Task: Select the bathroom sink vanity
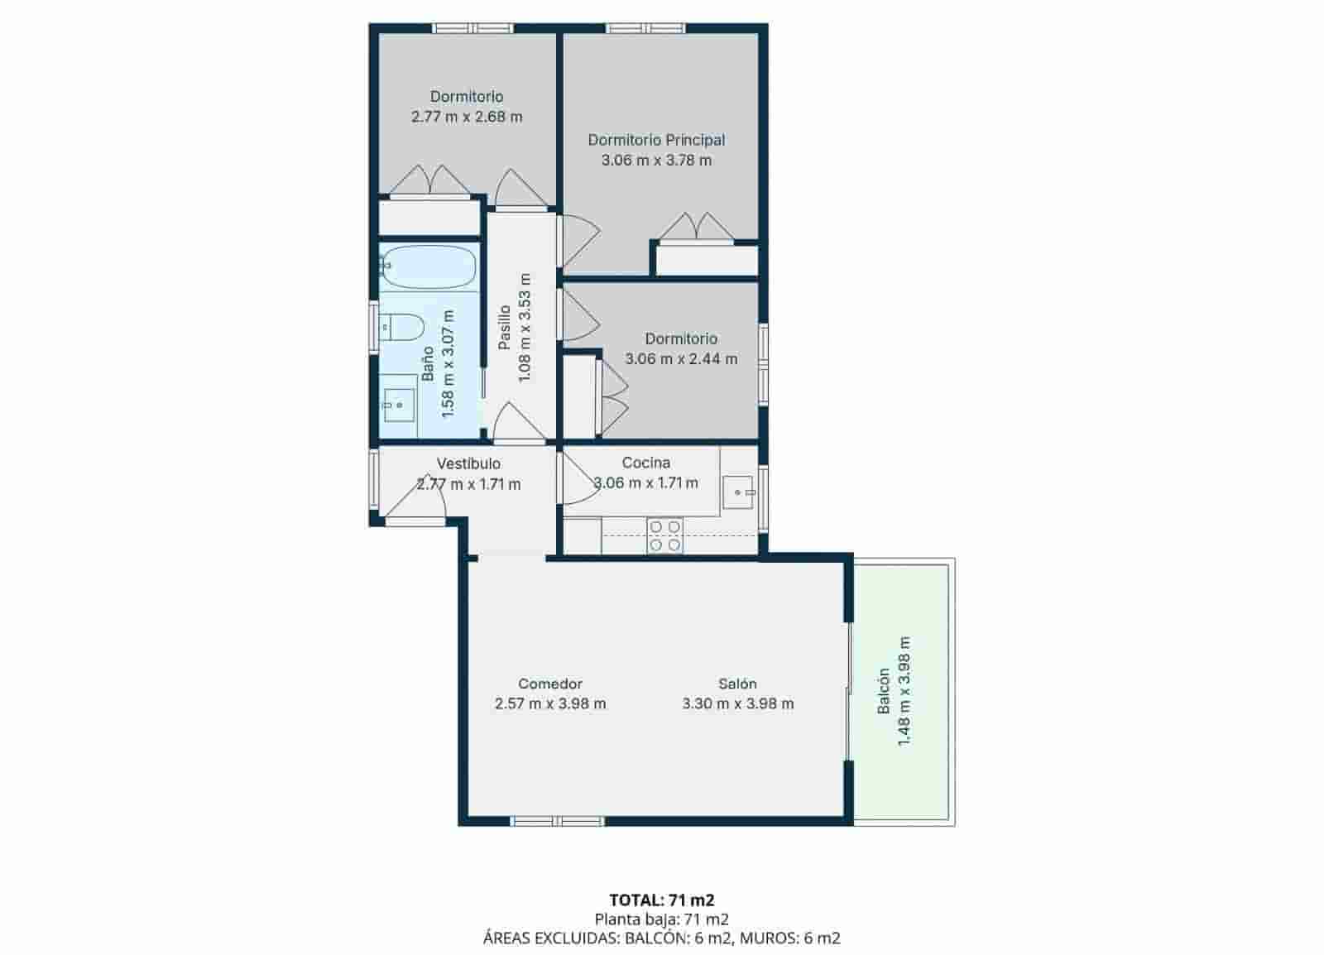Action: click(399, 401)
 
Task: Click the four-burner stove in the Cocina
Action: click(664, 535)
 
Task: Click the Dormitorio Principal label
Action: click(656, 140)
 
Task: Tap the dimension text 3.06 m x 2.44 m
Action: click(681, 359)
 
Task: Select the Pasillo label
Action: click(504, 328)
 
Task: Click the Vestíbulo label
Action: click(468, 463)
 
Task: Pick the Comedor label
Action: click(550, 684)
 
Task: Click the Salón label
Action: click(737, 684)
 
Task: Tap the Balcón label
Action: click(884, 691)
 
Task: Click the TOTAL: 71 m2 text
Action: click(661, 900)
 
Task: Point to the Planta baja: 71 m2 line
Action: click(661, 919)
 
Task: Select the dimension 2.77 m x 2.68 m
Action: click(467, 117)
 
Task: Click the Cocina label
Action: click(645, 463)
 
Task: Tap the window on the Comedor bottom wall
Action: click(557, 821)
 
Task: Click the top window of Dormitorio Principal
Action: click(645, 28)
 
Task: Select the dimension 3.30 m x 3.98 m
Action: click(737, 704)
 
